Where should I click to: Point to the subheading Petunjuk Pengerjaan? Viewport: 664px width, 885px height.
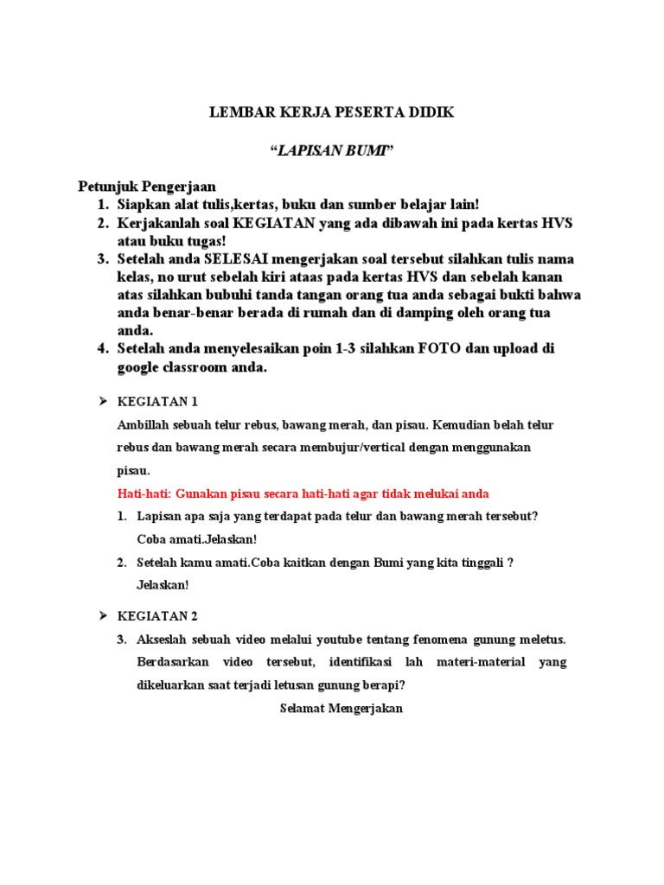[147, 187]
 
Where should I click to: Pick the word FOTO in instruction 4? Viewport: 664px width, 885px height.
[440, 349]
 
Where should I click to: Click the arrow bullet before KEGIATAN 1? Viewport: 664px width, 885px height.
[101, 402]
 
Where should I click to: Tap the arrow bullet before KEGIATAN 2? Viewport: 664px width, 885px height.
[101, 615]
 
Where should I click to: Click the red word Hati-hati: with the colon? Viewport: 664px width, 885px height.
[144, 493]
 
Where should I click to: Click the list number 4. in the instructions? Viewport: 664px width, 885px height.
[102, 349]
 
